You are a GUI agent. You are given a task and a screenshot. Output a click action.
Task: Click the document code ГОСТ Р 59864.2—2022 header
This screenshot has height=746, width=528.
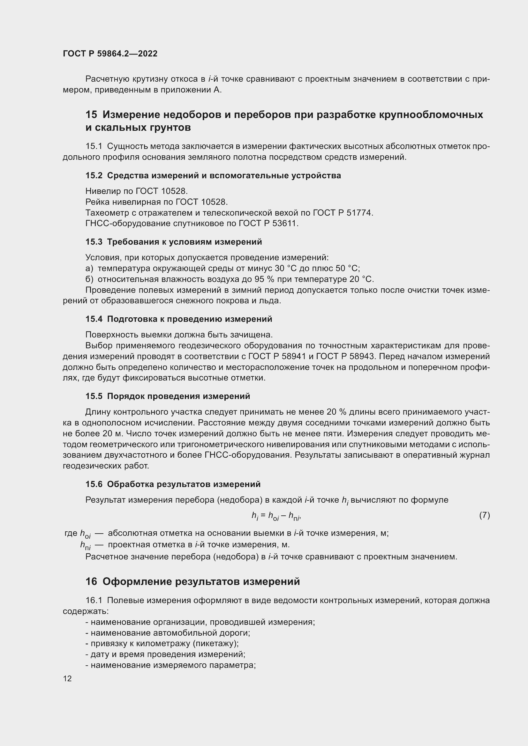point(110,54)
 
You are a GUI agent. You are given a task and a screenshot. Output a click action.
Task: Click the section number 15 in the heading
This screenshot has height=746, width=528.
point(91,115)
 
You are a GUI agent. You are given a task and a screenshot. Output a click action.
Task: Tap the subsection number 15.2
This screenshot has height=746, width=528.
point(94,175)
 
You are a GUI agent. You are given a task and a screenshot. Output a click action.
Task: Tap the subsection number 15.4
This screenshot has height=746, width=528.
point(94,319)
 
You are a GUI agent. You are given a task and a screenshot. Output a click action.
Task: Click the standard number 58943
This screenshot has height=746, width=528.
point(363,357)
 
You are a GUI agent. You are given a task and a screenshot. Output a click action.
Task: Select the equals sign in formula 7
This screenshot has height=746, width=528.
point(263,515)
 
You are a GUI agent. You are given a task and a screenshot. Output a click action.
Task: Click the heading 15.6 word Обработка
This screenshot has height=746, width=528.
point(130,484)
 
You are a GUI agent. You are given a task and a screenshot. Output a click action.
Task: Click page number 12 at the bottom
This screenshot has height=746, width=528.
point(67,679)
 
